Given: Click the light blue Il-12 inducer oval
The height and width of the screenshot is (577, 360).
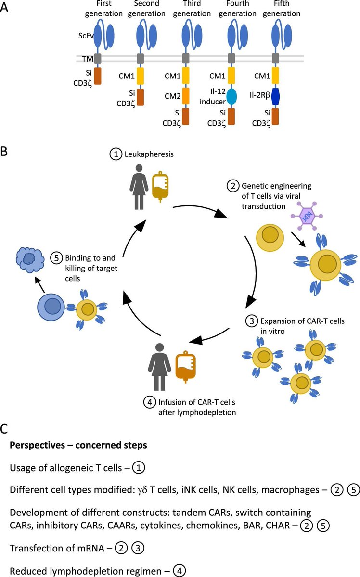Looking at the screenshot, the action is click(231, 96).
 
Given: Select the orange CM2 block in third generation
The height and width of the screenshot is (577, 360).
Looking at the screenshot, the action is click(185, 96).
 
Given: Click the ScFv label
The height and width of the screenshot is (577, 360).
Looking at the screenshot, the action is click(86, 36).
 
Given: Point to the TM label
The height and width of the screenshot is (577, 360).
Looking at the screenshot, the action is click(88, 59).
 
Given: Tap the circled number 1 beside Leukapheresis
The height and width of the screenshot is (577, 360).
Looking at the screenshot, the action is click(116, 154).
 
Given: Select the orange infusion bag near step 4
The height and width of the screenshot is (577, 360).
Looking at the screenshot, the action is click(185, 367).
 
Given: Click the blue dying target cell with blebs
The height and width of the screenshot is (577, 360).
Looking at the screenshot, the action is click(28, 259).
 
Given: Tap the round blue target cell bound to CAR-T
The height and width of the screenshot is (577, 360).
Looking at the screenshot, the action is click(51, 307).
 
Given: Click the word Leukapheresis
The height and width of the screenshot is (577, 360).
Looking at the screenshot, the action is click(149, 154).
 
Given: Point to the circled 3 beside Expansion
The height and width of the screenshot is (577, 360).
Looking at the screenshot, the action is click(252, 321).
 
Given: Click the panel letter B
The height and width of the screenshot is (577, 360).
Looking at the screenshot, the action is click(4, 151).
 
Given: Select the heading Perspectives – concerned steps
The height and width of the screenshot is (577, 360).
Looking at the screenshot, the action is click(78, 445).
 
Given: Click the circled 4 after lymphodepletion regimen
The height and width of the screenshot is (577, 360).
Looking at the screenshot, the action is click(179, 571).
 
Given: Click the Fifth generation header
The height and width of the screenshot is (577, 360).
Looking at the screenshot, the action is click(282, 9).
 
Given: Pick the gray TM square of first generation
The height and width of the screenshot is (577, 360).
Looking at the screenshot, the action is click(98, 58).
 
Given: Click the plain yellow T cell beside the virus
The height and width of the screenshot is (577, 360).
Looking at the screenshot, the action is click(270, 238).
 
